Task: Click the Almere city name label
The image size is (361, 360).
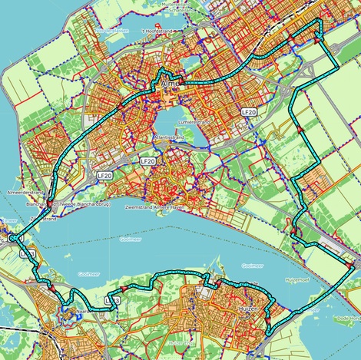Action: [169, 86]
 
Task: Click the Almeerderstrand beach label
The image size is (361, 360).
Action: [23, 193]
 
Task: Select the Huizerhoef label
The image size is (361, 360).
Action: [297, 279]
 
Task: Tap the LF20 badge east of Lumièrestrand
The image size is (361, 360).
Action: [248, 112]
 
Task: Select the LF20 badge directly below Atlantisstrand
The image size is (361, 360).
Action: [147, 162]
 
